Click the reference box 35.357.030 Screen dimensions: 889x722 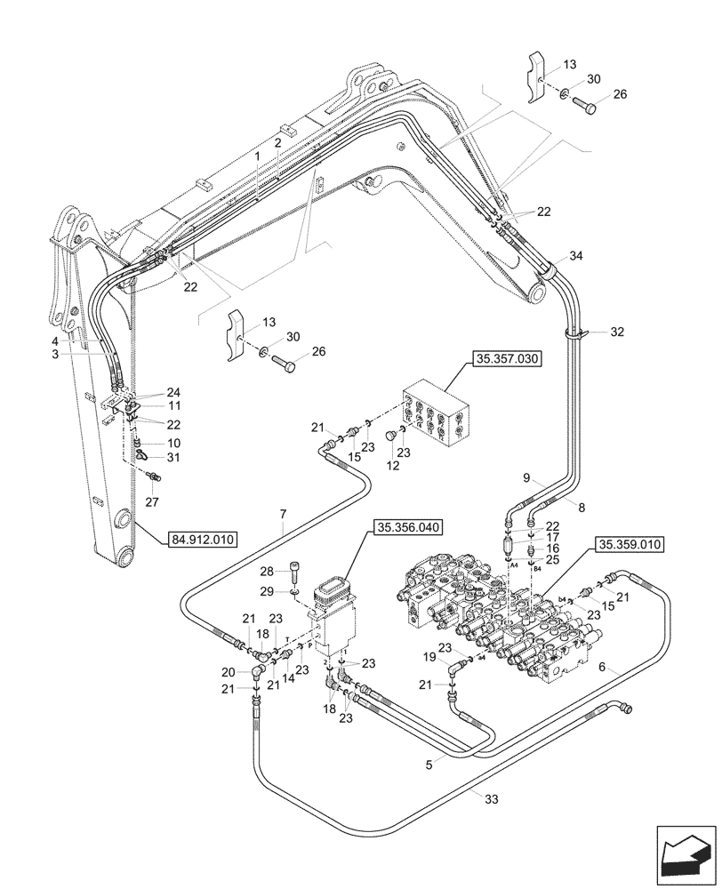pyautogui.click(x=502, y=359)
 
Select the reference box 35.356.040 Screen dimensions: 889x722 pyautogui.click(x=409, y=527)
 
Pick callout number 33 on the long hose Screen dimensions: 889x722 pyautogui.click(x=493, y=799)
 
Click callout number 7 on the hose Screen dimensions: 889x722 pyautogui.click(x=283, y=515)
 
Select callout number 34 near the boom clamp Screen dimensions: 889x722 pyautogui.click(x=576, y=257)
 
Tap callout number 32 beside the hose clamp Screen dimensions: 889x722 pyautogui.click(x=617, y=332)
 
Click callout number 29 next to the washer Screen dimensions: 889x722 pyautogui.click(x=267, y=591)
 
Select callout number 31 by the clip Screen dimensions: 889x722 pyautogui.click(x=173, y=458)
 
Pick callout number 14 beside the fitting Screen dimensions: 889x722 pyautogui.click(x=288, y=678)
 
